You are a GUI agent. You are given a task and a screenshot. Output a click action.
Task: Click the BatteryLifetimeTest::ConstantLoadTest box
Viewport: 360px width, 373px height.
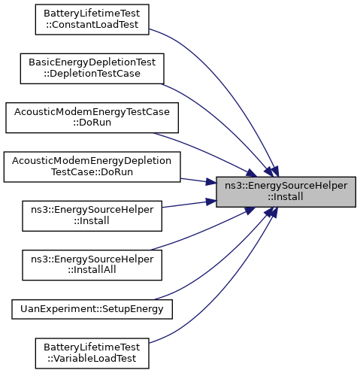92,20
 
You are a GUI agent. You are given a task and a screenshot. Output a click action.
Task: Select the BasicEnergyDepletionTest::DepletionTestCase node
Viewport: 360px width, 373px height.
92,68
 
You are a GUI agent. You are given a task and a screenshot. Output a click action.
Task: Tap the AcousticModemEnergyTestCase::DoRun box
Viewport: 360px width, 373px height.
92,117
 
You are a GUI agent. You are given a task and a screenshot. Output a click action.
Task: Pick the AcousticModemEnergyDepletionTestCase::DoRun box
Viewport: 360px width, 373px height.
92,167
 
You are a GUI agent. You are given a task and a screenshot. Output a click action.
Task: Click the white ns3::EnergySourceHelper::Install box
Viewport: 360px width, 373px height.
92,216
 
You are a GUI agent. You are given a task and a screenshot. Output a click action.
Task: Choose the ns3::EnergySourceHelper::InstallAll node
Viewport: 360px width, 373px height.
92,265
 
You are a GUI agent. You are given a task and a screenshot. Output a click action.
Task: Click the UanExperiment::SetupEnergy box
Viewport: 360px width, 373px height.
92,309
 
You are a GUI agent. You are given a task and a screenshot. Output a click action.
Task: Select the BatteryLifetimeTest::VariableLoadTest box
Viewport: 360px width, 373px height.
92,353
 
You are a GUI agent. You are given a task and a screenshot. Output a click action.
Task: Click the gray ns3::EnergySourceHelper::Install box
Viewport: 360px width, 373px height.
286,192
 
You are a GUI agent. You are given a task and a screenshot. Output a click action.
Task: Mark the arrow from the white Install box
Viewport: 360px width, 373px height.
189,204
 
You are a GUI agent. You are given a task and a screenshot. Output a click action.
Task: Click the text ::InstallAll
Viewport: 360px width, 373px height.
92,270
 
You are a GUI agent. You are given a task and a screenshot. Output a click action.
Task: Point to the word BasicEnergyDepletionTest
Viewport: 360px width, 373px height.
92,62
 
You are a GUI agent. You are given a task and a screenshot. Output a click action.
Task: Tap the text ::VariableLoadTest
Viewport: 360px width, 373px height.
92,359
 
